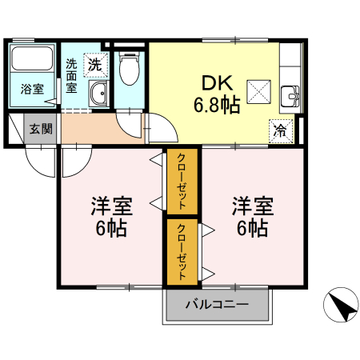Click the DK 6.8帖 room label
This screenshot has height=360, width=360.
click(215, 94)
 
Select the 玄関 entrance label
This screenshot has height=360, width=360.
click(40, 128)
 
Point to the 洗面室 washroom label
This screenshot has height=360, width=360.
click(72, 76)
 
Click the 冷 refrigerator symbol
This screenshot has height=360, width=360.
click(281, 129)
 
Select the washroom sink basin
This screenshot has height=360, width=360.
click(99, 94)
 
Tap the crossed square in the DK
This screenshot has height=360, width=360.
click(259, 91)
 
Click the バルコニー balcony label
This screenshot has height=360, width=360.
click(218, 304)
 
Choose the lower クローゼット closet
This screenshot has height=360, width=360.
click(182, 252)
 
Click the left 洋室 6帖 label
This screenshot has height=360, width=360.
click(111, 216)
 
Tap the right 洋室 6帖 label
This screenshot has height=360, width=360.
click(253, 216)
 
